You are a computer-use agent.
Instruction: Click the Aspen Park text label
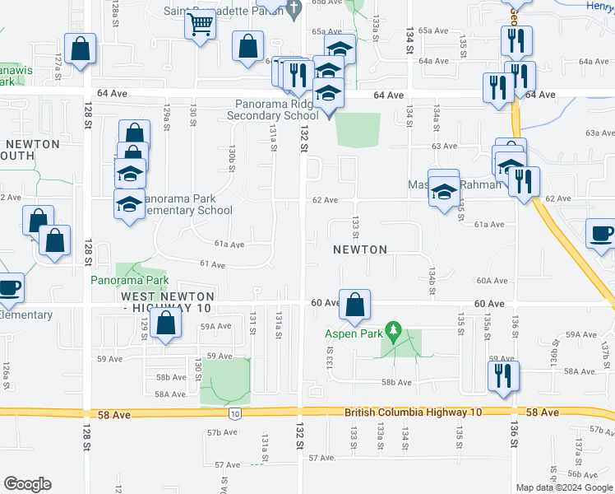coord(354,333)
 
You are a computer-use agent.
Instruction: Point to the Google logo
coord(27,484)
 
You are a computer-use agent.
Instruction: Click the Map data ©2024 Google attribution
coord(564,487)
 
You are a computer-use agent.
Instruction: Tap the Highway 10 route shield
coord(235,412)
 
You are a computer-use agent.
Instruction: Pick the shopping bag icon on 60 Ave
coord(354,305)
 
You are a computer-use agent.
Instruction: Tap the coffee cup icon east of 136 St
coord(600,232)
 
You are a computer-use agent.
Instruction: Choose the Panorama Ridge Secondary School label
coord(277,110)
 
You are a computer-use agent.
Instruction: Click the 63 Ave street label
coord(444,146)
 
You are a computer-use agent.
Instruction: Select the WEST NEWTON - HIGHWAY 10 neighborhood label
coord(168,301)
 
